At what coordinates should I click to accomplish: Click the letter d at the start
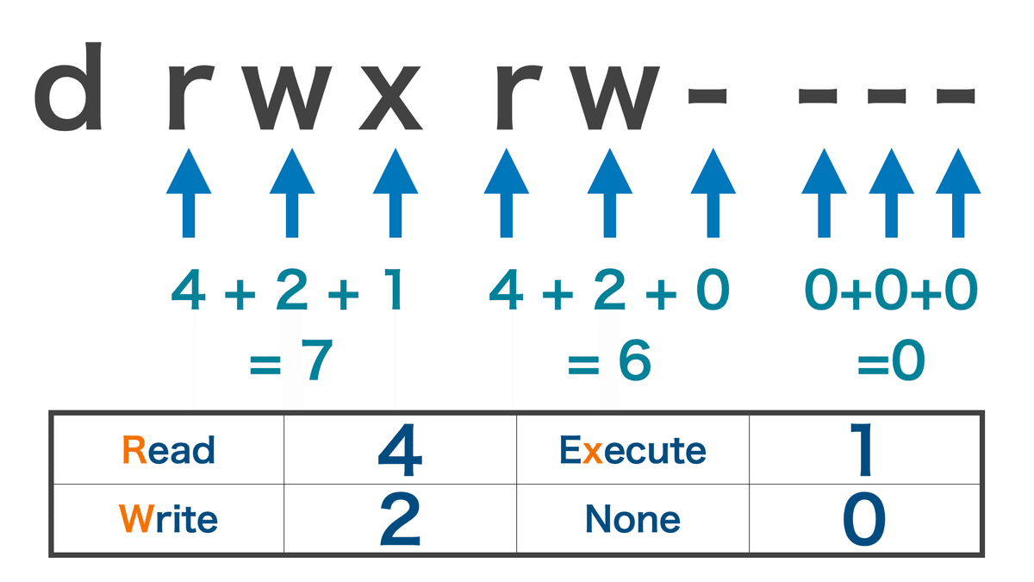(68, 86)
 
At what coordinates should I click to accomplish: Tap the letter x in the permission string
(390, 98)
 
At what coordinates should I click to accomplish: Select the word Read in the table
(169, 449)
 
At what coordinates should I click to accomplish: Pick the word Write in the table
(168, 518)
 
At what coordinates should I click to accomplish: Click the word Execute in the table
(632, 449)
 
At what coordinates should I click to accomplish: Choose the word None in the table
(632, 519)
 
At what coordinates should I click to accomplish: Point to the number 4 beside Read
(400, 449)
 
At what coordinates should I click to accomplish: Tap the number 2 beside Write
(400, 519)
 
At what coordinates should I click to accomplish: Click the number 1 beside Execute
(862, 449)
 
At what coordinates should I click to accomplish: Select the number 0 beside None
(864, 519)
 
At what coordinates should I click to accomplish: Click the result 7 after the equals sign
(317, 360)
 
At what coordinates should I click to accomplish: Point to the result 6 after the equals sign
(635, 360)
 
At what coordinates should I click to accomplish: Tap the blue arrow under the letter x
(396, 193)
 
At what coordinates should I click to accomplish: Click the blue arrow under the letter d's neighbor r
(189, 193)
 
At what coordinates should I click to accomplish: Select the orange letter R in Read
(134, 449)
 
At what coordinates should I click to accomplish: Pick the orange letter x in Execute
(592, 454)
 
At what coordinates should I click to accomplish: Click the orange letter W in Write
(136, 518)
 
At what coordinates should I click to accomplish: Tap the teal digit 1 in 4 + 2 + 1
(396, 289)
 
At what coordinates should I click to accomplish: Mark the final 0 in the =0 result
(908, 360)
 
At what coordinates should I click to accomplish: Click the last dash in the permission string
(955, 96)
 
